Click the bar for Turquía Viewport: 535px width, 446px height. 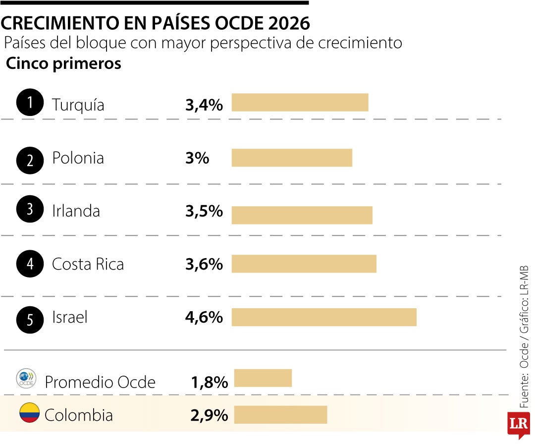tap(300, 103)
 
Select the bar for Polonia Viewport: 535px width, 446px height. tap(292, 158)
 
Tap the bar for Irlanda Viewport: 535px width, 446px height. tap(302, 215)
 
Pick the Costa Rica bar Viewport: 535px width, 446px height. tap(304, 264)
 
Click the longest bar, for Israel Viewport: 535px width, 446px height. tap(324, 317)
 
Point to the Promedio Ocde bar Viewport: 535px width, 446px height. tap(263, 378)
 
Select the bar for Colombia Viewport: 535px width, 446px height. tap(280, 415)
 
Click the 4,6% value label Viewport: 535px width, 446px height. tap(204, 317)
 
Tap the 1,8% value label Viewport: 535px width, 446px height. tap(209, 382)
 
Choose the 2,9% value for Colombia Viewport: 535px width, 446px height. tap(209, 415)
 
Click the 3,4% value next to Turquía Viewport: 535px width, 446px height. tap(204, 105)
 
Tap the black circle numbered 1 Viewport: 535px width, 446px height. tap(30, 103)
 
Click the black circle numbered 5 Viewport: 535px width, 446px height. tap(30, 320)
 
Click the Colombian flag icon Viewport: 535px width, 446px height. tap(29, 413)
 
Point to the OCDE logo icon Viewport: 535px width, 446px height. tap(26, 379)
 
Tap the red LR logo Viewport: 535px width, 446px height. tap(518, 424)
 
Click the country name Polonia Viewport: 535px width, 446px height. tap(78, 158)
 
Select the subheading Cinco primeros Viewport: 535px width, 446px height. tap(63, 64)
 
